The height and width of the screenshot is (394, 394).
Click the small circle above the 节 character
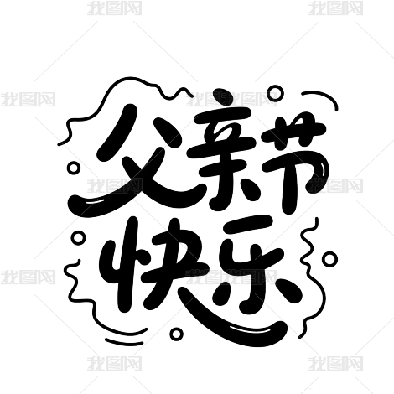[275, 93]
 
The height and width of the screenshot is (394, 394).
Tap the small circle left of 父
[74, 168]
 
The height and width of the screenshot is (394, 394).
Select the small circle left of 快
[79, 238]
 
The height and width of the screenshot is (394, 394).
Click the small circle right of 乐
[329, 259]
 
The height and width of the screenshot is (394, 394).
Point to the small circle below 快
[177, 334]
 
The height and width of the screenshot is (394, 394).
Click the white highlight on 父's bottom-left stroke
[95, 201]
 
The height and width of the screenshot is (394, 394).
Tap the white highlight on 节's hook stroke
[323, 169]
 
